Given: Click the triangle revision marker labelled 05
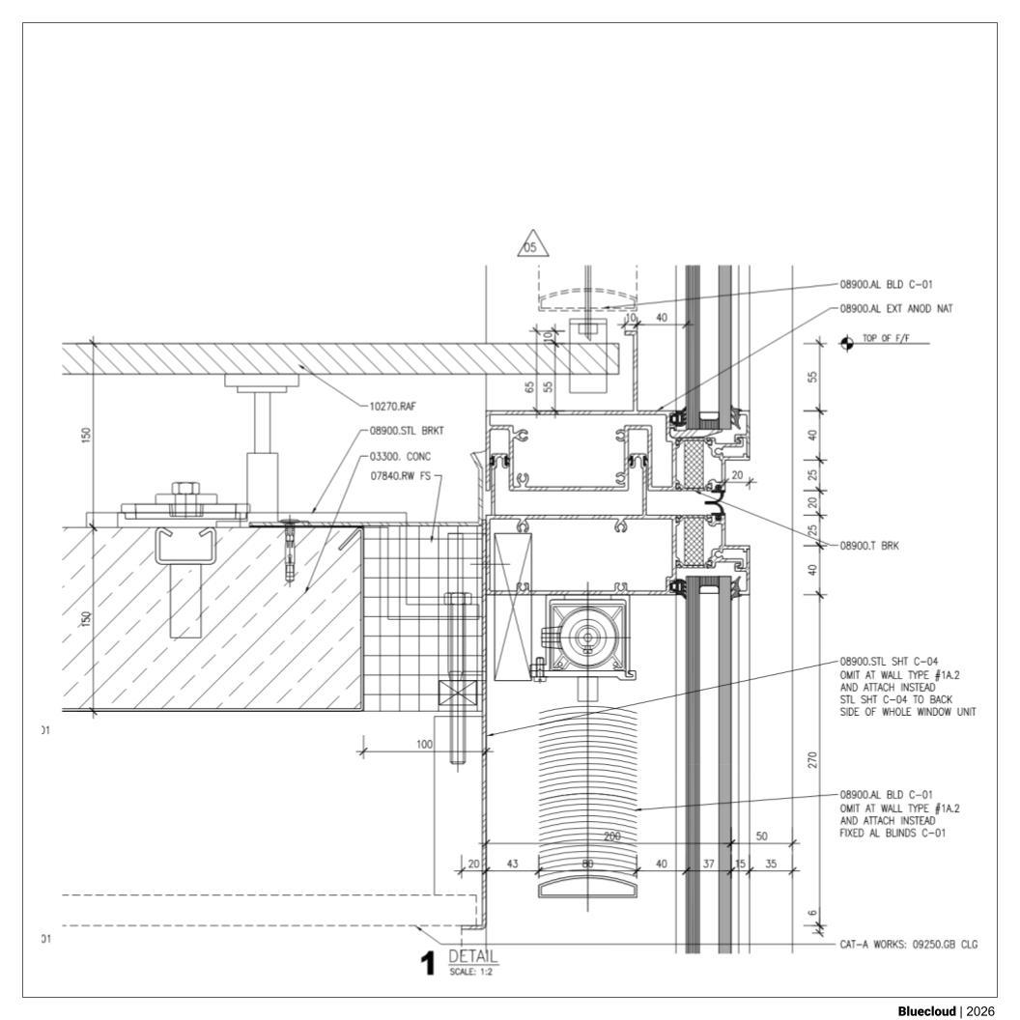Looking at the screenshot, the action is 533,244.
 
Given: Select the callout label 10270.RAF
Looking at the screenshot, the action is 392,407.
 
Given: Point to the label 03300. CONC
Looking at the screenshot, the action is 400,457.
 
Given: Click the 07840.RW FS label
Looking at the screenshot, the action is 400,476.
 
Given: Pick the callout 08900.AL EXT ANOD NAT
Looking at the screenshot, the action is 895,308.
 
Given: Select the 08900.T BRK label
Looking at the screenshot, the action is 869,546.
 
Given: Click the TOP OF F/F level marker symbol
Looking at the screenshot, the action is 846,343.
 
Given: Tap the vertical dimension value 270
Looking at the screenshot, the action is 812,760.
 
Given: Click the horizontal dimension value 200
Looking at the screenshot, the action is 612,836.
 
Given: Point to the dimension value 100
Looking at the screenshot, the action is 424,744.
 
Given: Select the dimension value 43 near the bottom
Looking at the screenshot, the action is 512,864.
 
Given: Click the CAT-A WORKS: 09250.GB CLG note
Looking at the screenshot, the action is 908,945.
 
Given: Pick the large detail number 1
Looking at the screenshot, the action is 427,963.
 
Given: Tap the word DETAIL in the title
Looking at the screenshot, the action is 473,956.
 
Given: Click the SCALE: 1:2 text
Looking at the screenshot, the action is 471,972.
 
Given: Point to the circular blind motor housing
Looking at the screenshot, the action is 588,637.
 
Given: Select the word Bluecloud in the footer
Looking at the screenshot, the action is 926,1011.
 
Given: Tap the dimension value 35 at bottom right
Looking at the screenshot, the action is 771,864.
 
